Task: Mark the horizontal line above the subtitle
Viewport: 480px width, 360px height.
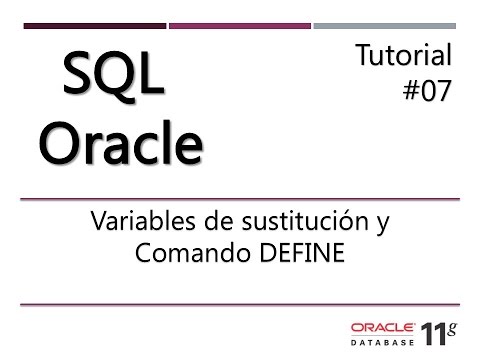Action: point(240,199)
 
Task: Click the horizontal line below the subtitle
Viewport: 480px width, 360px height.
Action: point(240,303)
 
